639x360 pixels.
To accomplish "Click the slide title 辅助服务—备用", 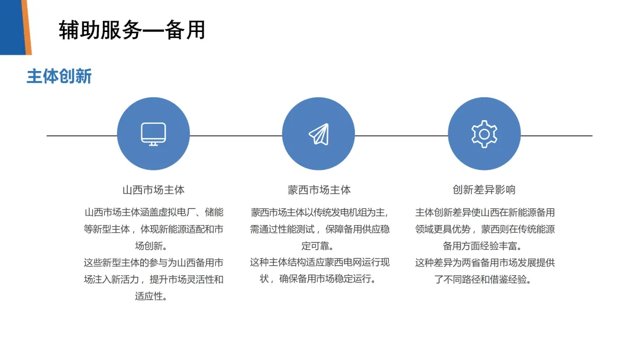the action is coord(132,30).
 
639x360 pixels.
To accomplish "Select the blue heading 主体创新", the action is coord(59,77).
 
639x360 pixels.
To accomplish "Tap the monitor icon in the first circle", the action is coord(153,134).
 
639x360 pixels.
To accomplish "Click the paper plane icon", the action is coord(318,134).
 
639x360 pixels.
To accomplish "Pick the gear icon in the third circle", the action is coord(484,134).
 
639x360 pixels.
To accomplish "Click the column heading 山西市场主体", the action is coord(153,190).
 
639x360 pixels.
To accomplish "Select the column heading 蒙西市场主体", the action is coord(319,190).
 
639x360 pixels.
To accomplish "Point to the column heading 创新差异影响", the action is coord(484,190).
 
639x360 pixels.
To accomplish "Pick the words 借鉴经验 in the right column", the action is coord(511,279).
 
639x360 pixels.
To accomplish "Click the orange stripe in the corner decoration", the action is coord(26,27).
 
